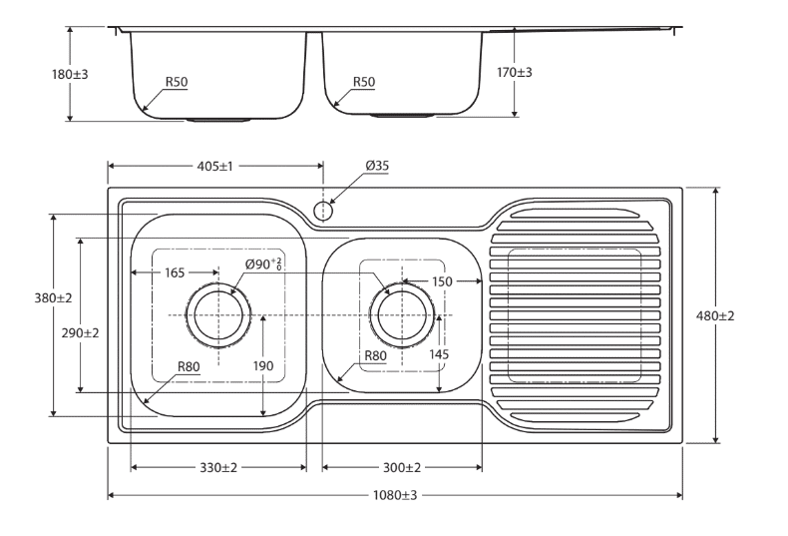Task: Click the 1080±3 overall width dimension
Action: click(394, 496)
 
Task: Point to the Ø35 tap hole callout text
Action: click(377, 167)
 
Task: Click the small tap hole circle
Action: click(322, 211)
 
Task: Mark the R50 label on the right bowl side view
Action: click(362, 82)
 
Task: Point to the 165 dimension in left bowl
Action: click(176, 271)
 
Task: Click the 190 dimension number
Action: click(263, 367)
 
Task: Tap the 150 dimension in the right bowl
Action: click(443, 282)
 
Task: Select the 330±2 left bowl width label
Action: click(217, 467)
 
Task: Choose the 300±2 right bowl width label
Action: click(401, 467)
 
